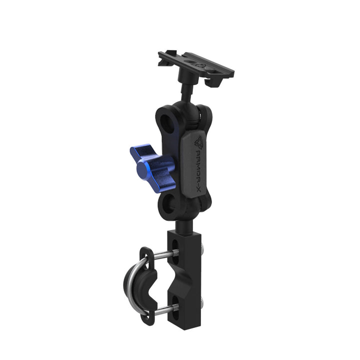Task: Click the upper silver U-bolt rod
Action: click(x=162, y=254)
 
